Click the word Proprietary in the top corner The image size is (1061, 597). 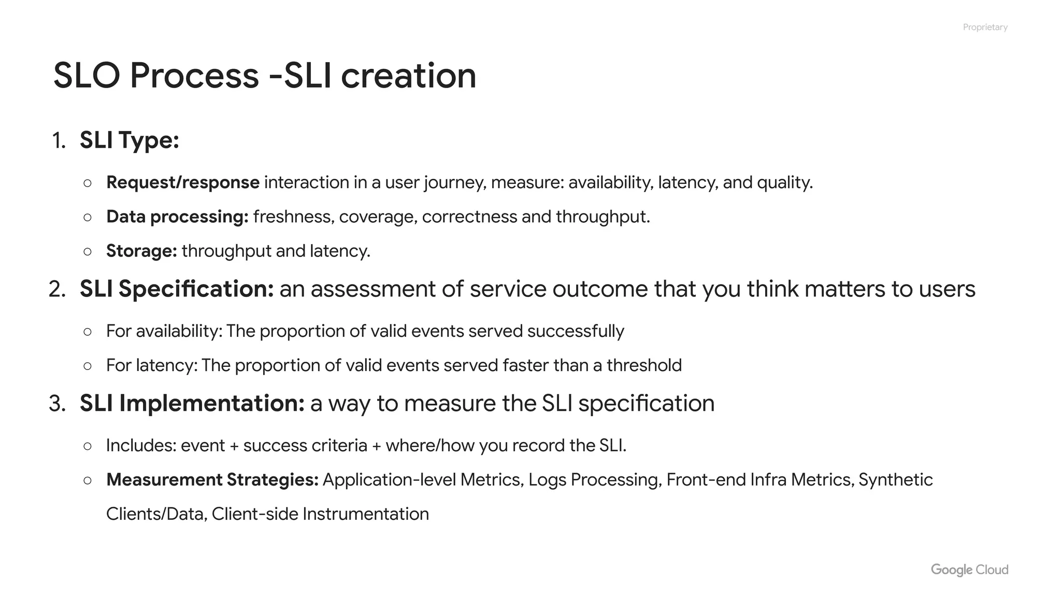tap(985, 27)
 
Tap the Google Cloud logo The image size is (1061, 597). tap(969, 570)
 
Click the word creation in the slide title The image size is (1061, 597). tap(408, 76)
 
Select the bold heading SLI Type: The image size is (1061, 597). tap(129, 140)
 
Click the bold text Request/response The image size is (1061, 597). tap(182, 182)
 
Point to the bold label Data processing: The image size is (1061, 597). tap(177, 217)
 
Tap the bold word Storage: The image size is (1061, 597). tap(141, 251)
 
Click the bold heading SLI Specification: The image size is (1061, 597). tap(176, 289)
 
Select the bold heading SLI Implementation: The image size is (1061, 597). tap(192, 403)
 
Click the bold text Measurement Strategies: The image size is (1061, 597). tap(212, 480)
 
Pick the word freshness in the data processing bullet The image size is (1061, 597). tap(293, 217)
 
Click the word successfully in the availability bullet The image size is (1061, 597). tap(576, 331)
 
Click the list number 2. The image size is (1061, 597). tap(56, 289)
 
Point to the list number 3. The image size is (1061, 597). tap(56, 404)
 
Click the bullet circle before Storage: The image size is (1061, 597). tap(88, 251)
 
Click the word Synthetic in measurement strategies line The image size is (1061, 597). tap(895, 480)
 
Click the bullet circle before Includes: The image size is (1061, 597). tap(88, 446)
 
